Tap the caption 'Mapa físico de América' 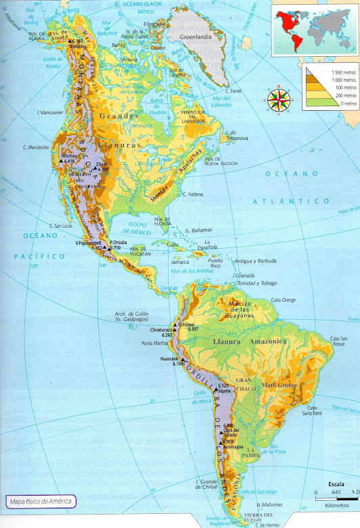pyautogui.click(x=39, y=502)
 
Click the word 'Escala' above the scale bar pyautogui.click(x=336, y=485)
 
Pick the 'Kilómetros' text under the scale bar pyautogui.click(x=336, y=504)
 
